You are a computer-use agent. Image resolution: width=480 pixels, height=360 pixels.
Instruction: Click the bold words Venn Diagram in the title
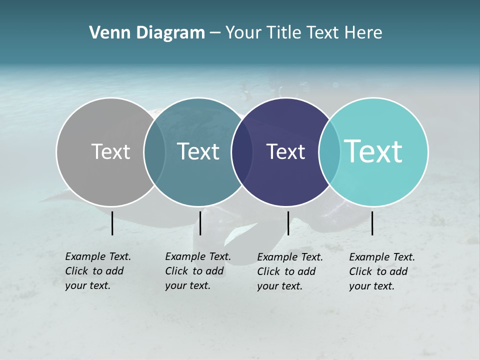(147, 33)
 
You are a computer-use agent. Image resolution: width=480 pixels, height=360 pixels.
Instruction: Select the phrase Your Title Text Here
(304, 33)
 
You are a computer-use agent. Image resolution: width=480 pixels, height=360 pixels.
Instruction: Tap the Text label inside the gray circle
(110, 151)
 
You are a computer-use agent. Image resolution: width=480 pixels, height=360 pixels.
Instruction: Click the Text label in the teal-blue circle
(198, 151)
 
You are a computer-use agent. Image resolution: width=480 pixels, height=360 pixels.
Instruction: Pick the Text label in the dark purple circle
(285, 151)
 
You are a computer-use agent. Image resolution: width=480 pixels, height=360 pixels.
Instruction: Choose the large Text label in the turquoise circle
(373, 151)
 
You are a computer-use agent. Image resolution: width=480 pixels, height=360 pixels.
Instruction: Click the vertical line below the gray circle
(112, 223)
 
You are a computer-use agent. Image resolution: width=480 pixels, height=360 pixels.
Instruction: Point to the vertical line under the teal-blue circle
(200, 223)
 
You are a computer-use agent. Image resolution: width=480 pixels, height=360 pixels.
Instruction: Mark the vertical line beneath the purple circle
(288, 223)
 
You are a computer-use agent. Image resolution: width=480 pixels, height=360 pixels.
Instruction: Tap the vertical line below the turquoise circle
(372, 223)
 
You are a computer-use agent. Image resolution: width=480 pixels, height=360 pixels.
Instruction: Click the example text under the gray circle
(97, 271)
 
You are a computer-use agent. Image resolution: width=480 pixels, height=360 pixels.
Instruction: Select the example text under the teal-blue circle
(197, 271)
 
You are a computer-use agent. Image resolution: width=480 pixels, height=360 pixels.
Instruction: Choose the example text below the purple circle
(289, 271)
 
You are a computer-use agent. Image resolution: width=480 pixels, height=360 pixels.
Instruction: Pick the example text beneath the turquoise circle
(381, 271)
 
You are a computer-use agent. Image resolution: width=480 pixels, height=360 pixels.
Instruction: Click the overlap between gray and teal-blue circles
(154, 151)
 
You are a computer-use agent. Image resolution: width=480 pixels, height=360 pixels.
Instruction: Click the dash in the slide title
(215, 33)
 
